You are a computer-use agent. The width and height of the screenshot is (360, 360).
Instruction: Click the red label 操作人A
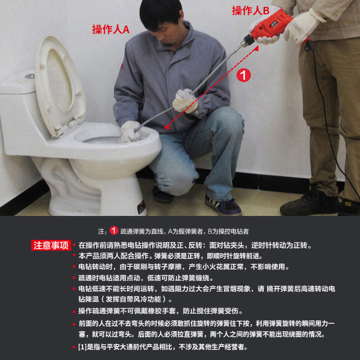tap(111, 29)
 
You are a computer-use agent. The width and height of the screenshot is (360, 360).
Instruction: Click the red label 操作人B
tap(251, 10)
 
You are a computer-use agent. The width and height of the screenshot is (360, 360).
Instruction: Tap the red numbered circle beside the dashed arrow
tap(243, 75)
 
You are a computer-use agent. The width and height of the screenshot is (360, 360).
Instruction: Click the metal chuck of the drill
tap(248, 40)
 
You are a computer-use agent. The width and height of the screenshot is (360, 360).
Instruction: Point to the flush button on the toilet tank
tap(30, 76)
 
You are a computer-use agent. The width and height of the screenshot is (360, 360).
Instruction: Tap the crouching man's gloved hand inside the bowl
tap(129, 132)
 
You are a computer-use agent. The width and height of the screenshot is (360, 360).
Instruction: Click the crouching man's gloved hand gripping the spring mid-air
tap(185, 101)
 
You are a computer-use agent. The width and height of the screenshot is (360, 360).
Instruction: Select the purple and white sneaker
tap(222, 205)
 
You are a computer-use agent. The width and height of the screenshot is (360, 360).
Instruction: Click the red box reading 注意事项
tap(51, 245)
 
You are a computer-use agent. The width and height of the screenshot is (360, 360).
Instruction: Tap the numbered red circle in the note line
tap(114, 231)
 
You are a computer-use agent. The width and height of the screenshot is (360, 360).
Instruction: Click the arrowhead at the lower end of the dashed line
tap(167, 126)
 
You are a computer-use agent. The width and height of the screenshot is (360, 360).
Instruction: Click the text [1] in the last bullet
tap(82, 346)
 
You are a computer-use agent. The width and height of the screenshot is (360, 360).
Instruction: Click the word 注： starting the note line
tap(103, 231)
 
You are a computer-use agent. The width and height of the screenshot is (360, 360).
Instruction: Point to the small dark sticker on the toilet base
tap(141, 206)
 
